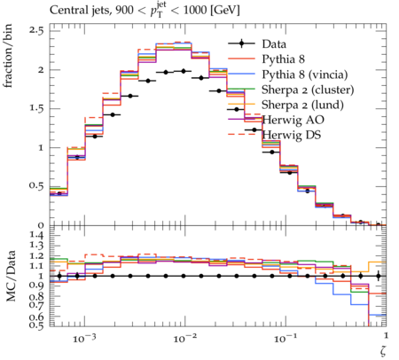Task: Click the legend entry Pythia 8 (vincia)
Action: (305, 74)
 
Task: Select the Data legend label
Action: (274, 44)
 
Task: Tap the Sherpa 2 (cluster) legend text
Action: (308, 90)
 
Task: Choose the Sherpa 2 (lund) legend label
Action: (302, 105)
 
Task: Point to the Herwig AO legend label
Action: (293, 120)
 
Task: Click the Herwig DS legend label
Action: (292, 135)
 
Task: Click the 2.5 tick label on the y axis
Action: (36, 31)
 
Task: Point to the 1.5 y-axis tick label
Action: (36, 108)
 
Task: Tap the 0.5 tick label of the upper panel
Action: (36, 186)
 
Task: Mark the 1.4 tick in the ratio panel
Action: (36, 236)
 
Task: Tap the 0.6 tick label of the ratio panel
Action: (36, 317)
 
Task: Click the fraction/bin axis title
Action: (8, 56)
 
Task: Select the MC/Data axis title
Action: (11, 276)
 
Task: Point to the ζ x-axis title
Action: (383, 351)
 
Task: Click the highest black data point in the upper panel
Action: (184, 71)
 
